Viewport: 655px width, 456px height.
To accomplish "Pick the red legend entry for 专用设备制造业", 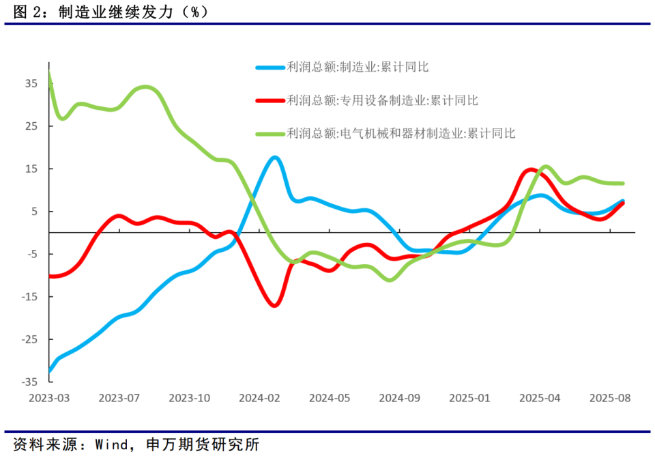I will click(383, 100).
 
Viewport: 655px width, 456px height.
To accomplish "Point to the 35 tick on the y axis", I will click(31, 84).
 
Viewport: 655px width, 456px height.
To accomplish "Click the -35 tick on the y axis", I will click(29, 382).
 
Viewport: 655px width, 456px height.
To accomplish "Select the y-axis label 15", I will click(31, 169).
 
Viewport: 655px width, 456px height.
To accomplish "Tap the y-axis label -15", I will click(29, 297).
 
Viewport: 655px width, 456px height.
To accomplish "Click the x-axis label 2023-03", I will click(50, 398).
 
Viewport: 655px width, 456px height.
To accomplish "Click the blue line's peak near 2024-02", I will click(274, 157).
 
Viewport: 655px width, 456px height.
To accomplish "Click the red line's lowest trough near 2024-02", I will click(274, 305).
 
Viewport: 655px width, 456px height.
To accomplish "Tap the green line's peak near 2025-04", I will click(546, 167).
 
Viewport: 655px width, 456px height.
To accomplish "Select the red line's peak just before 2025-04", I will click(531, 170).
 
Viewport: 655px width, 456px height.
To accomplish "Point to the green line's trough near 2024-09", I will click(390, 280).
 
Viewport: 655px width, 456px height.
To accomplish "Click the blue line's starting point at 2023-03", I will click(50, 371).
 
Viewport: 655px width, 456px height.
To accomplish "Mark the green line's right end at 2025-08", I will click(622, 183).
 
